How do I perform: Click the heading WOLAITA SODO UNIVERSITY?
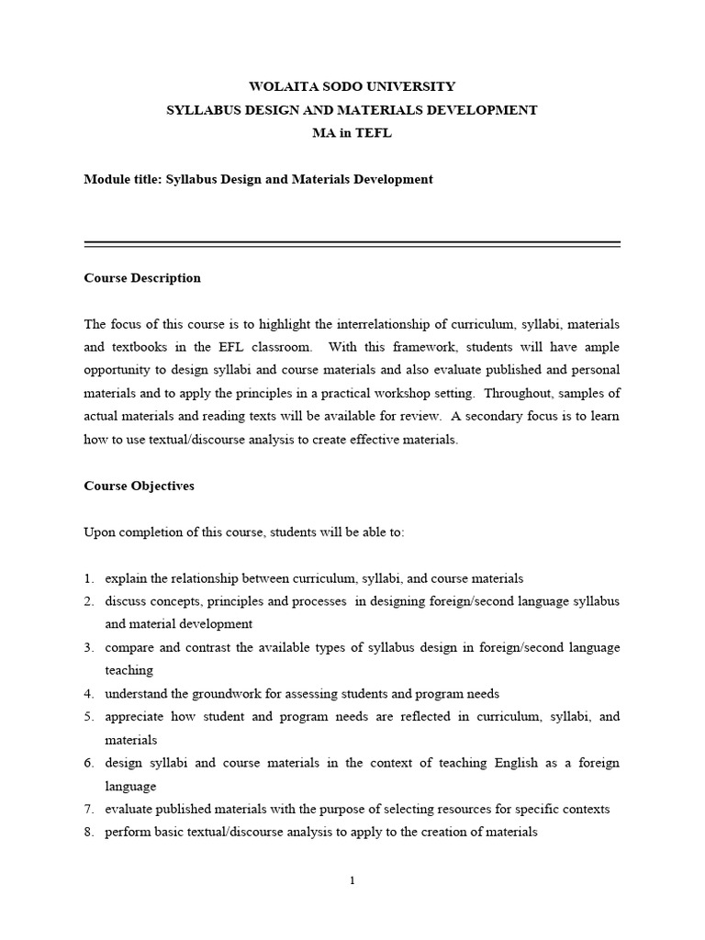pyautogui.click(x=352, y=86)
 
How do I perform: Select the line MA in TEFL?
pyautogui.click(x=352, y=133)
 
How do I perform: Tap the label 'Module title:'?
pyautogui.click(x=122, y=180)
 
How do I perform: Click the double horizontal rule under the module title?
pyautogui.click(x=352, y=244)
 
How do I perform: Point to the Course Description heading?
pyautogui.click(x=142, y=278)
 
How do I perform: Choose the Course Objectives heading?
pyautogui.click(x=139, y=486)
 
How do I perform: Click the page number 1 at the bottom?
pyautogui.click(x=352, y=881)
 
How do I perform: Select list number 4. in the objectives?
pyautogui.click(x=89, y=694)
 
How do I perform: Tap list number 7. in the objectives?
pyautogui.click(x=89, y=810)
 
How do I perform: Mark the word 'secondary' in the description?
pyautogui.click(x=494, y=416)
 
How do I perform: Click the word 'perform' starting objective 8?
pyautogui.click(x=126, y=833)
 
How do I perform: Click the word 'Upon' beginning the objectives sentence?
pyautogui.click(x=99, y=532)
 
